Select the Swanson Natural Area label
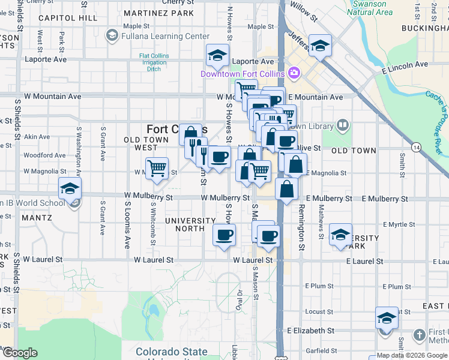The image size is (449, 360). tap(370, 8)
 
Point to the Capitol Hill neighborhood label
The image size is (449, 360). tap(67, 18)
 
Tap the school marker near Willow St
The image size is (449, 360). tap(320, 45)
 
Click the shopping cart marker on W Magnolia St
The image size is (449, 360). tap(157, 169)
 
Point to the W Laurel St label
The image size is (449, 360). tap(153, 260)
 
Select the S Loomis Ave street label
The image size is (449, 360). tap(127, 224)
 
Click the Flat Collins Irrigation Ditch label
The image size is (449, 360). tap(154, 62)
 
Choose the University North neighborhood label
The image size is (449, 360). tap(190, 225)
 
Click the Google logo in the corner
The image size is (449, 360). tap(20, 353)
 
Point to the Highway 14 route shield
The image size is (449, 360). tap(417, 147)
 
